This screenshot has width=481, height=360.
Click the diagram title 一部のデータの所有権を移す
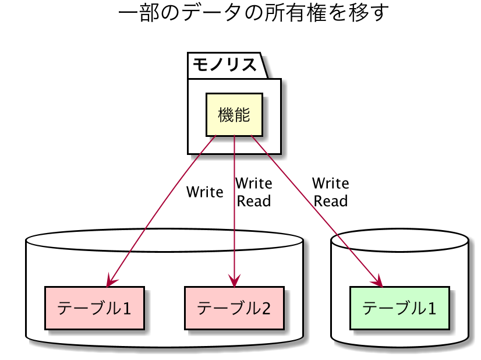253,13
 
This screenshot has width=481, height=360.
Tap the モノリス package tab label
225,65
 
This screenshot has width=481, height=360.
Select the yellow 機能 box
234,115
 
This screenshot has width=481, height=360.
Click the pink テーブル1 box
94,308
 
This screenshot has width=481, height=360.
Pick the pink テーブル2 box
234,308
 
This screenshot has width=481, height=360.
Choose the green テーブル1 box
399,308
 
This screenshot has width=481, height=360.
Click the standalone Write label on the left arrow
204,192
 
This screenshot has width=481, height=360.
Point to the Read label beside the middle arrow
254,202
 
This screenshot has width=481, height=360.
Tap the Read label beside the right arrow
330,202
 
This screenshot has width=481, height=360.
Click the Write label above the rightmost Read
331,183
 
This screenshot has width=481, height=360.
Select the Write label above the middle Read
254,183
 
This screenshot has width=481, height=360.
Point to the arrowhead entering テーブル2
234,281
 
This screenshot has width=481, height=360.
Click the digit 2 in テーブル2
266,309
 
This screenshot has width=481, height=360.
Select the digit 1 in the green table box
432,309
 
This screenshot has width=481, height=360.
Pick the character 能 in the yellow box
242,115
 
